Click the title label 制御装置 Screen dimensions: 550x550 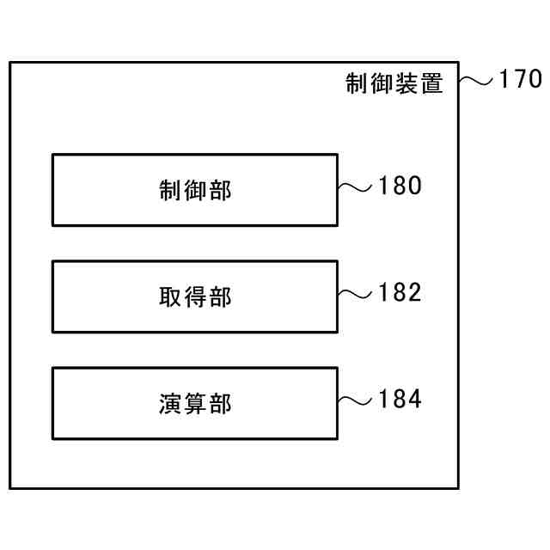[394, 83]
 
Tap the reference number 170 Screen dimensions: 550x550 [519, 80]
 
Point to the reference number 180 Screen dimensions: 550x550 [400, 186]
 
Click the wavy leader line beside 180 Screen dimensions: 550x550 [355, 187]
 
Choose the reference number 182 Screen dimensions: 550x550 [400, 293]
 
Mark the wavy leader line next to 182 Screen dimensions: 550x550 [355, 295]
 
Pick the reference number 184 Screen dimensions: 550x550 [400, 400]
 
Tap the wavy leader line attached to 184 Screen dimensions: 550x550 [355, 401]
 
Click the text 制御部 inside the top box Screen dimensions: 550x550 [195, 191]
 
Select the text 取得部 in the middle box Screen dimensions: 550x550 [195, 297]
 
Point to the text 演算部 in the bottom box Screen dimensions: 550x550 [195, 404]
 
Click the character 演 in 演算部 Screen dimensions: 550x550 [171, 404]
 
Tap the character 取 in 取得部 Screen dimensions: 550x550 [171, 297]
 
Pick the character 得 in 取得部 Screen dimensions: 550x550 [195, 297]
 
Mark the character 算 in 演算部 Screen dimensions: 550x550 [195, 404]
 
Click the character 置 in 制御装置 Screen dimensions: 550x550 [431, 83]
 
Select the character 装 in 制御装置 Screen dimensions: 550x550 [407, 83]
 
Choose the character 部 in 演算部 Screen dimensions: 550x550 [220, 404]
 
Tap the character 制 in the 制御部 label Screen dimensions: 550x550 [171, 191]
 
